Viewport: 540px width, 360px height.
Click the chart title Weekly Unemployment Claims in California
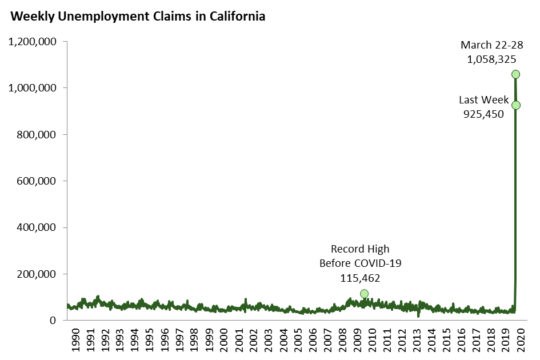click(x=138, y=16)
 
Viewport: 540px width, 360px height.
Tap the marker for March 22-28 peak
click(x=515, y=74)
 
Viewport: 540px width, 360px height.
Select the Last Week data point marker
click(x=515, y=105)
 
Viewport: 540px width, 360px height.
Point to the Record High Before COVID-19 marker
click(x=364, y=294)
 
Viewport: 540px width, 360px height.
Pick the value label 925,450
click(x=483, y=114)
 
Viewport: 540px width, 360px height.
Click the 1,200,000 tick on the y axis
click(x=31, y=42)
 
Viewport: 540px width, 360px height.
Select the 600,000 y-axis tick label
click(x=35, y=181)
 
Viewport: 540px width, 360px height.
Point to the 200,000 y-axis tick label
click(x=35, y=274)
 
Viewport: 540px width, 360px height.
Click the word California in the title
click(x=235, y=16)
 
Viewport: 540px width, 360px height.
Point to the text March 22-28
click(x=489, y=45)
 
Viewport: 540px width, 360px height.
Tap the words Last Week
click(x=484, y=100)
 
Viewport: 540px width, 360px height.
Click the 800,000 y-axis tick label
click(x=35, y=135)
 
